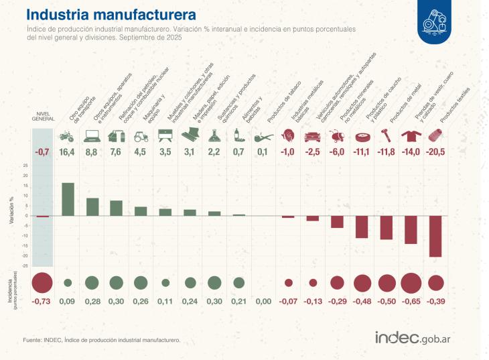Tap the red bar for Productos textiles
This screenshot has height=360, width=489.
(x=435, y=236)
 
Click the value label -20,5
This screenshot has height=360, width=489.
(x=435, y=152)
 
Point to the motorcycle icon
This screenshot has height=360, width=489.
(x=68, y=136)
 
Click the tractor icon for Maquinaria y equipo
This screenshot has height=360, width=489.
(x=141, y=136)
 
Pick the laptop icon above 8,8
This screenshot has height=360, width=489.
(x=92, y=136)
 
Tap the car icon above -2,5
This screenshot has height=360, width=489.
(x=311, y=136)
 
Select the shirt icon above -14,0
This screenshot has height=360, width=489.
(x=410, y=136)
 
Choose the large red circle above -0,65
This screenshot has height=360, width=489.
(x=411, y=283)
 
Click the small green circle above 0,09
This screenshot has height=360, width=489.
(x=68, y=283)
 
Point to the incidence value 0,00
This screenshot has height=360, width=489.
(x=263, y=301)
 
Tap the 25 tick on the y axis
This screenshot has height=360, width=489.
(x=25, y=166)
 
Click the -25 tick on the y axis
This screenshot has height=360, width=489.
(x=25, y=266)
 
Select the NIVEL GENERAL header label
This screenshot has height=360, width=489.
(x=43, y=116)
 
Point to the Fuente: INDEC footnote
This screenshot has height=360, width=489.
(x=101, y=340)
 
